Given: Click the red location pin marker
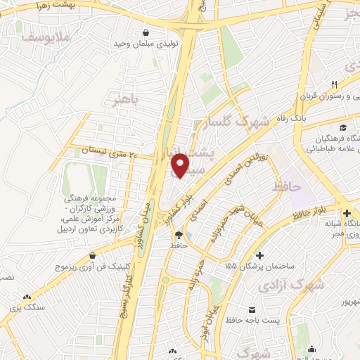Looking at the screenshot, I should tap(181, 165).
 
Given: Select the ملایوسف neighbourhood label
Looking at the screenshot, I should tap(48, 35).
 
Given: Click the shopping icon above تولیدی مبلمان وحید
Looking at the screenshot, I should tap(146, 32).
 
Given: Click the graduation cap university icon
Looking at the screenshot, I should tap(343, 127).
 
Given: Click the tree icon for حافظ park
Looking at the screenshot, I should tap(177, 235).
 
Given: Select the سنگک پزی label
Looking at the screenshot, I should tap(30, 308).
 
